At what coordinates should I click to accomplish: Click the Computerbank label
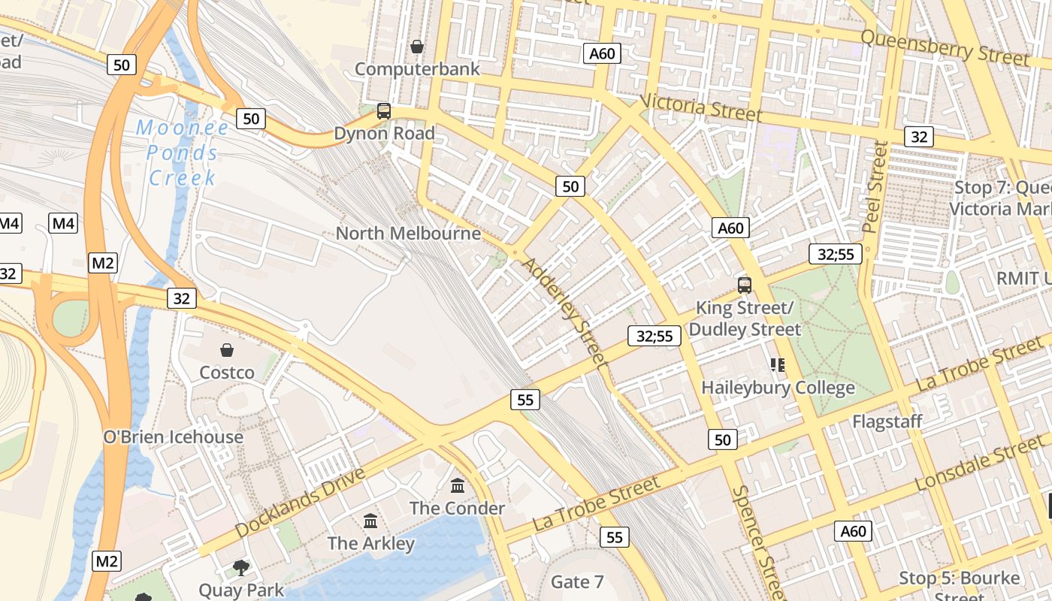(x=416, y=69)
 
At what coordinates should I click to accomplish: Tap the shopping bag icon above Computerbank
(x=417, y=47)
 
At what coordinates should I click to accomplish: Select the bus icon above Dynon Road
(x=384, y=111)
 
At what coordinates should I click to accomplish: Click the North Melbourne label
(x=408, y=234)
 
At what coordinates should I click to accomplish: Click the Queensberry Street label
(x=945, y=47)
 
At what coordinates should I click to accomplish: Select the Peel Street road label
(x=876, y=186)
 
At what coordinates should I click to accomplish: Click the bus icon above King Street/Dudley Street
(x=745, y=285)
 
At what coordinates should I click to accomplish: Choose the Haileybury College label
(x=778, y=388)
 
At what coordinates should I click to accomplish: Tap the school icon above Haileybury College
(x=778, y=365)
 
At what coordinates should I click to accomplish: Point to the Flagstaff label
(x=887, y=421)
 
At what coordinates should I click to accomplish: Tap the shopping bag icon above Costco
(x=226, y=350)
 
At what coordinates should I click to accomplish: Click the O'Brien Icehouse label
(x=173, y=437)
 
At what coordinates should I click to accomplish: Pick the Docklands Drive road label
(x=300, y=503)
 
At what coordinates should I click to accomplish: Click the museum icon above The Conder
(x=458, y=486)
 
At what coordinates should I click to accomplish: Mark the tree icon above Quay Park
(x=241, y=568)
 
